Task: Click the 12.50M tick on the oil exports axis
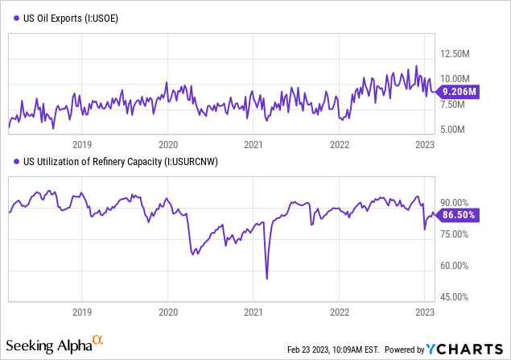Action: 455,54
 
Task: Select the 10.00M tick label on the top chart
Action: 455,79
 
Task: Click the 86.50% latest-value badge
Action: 459,215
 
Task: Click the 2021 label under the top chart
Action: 253,145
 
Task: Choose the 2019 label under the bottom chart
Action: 82,312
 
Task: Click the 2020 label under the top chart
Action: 167,145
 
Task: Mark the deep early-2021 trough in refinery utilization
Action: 266,279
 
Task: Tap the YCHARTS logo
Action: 465,349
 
